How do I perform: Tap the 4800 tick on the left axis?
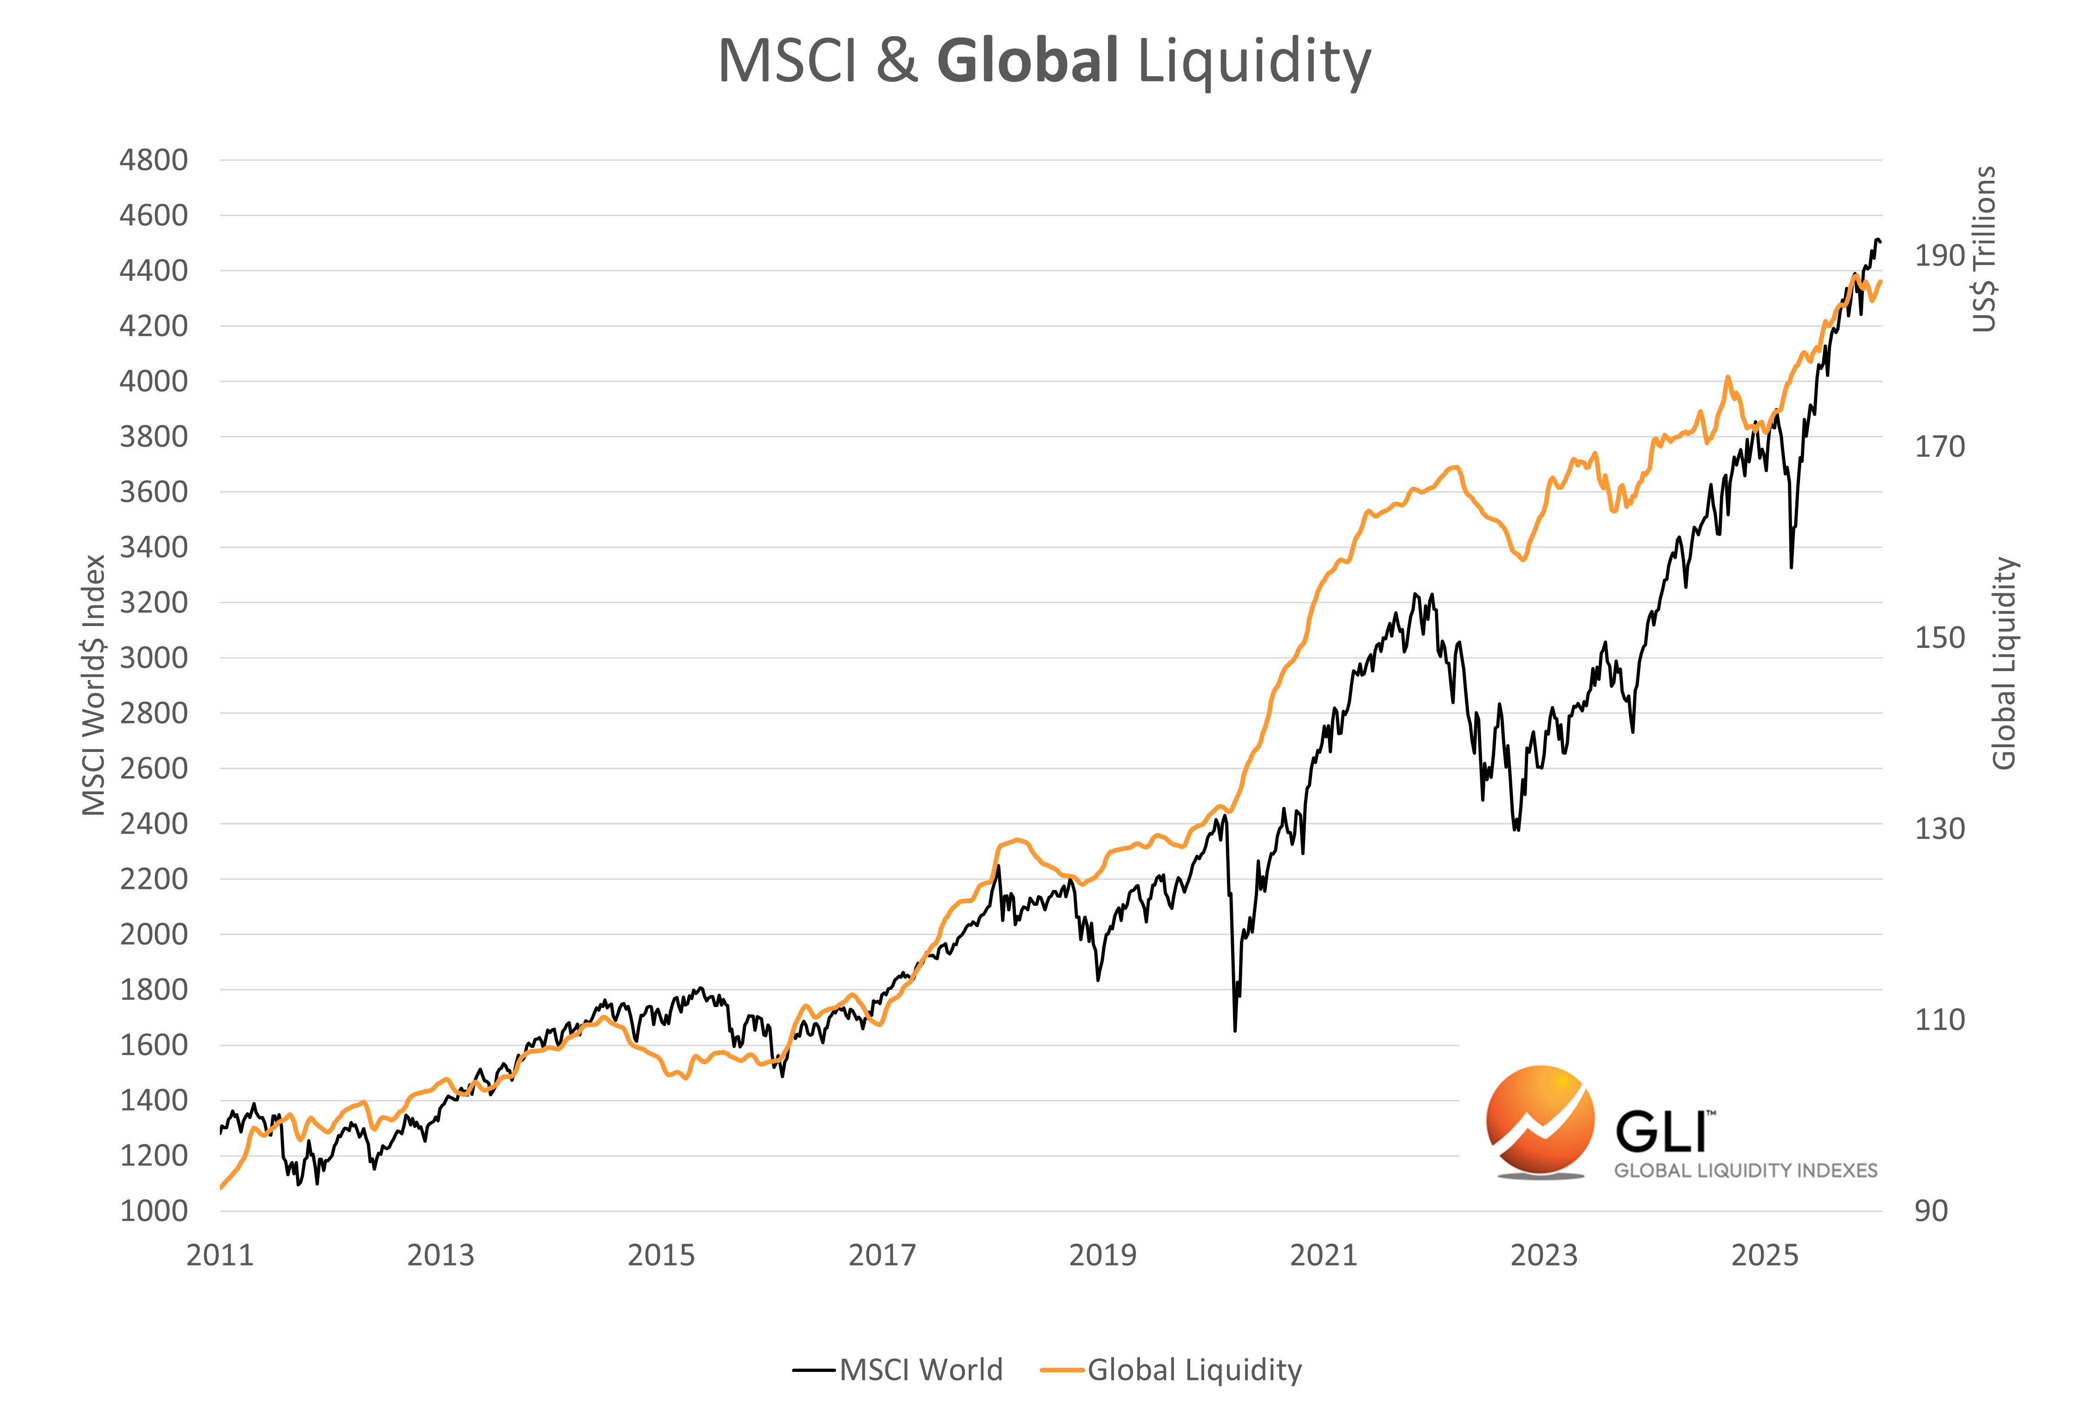coord(154,160)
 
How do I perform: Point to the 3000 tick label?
coord(154,657)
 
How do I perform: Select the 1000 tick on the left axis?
coord(154,1211)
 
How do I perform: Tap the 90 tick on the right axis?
coord(1931,1211)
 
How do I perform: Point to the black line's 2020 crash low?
coord(1235,1030)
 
